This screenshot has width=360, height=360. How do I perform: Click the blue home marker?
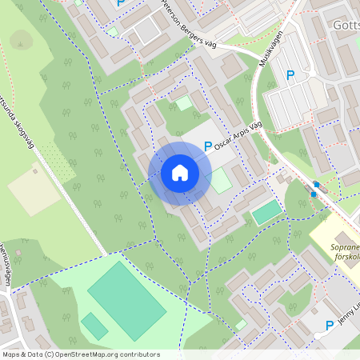click(179, 173)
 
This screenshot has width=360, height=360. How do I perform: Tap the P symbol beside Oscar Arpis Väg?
click(208, 146)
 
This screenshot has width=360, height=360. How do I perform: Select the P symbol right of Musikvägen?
click(290, 75)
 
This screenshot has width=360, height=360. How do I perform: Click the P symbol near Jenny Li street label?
click(329, 325)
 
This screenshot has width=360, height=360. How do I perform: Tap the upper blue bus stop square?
click(317, 185)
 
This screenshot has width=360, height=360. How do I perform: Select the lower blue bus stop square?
click(313, 194)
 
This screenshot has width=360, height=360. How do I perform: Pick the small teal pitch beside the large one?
click(94, 326)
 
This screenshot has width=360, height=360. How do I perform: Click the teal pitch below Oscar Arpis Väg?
click(267, 212)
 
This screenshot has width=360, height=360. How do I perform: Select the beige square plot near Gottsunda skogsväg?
click(34, 190)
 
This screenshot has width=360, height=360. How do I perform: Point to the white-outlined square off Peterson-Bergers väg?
click(183, 102)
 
